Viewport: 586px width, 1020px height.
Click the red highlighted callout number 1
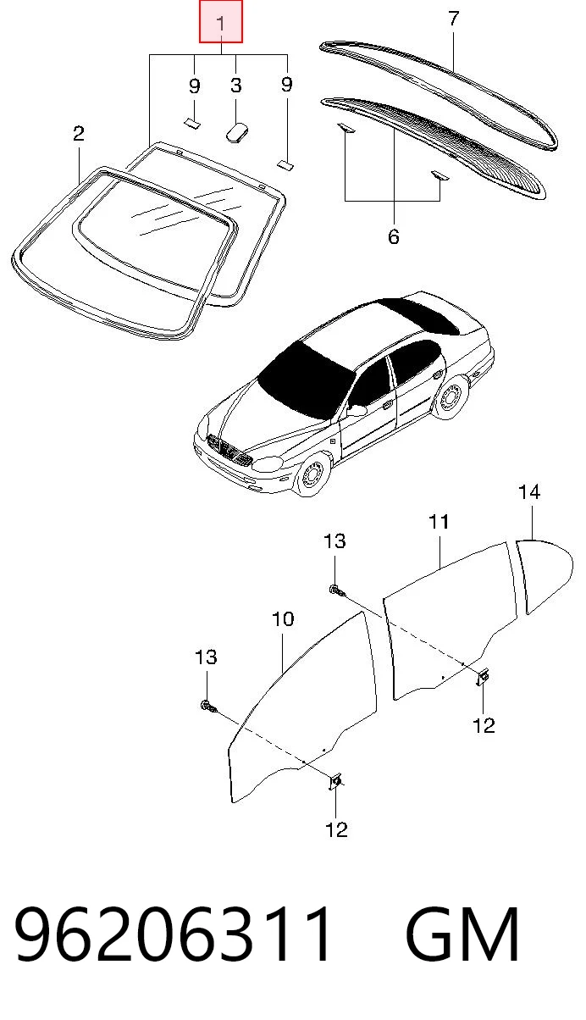221,22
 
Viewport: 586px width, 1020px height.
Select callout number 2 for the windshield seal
79,134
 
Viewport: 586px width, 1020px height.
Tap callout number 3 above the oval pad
236,86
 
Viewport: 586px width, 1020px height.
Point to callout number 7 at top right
454,19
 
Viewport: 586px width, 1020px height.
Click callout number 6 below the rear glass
394,236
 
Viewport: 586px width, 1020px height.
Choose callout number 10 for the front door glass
283,618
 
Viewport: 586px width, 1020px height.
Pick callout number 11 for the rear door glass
439,522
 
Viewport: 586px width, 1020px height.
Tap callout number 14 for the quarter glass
529,492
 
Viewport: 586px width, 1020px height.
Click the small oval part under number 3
237,132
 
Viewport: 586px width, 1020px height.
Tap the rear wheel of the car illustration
451,396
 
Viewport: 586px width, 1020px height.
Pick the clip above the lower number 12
336,781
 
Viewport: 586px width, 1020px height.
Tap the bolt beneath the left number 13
209,707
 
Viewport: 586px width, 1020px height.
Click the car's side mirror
357,410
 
